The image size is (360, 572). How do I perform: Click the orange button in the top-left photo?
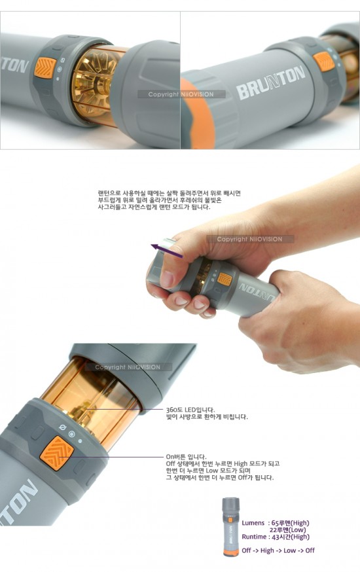45,67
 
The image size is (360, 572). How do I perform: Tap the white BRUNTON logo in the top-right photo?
270,82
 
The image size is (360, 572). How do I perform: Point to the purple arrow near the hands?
167,251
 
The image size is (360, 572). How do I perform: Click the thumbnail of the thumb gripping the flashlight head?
166,279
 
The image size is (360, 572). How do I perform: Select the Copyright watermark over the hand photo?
250,240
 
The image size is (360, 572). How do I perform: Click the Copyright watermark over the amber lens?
128,367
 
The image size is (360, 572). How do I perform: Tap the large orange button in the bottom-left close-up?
56,452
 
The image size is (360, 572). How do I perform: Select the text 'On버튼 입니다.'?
186,456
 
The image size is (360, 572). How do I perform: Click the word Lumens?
253,523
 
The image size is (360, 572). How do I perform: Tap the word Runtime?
254,537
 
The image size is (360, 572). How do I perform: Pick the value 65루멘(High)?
291,523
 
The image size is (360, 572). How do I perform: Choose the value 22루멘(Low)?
288,529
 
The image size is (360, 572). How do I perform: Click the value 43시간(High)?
291,537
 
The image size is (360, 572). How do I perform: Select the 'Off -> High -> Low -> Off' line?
278,550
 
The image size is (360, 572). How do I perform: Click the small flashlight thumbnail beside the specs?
230,527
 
